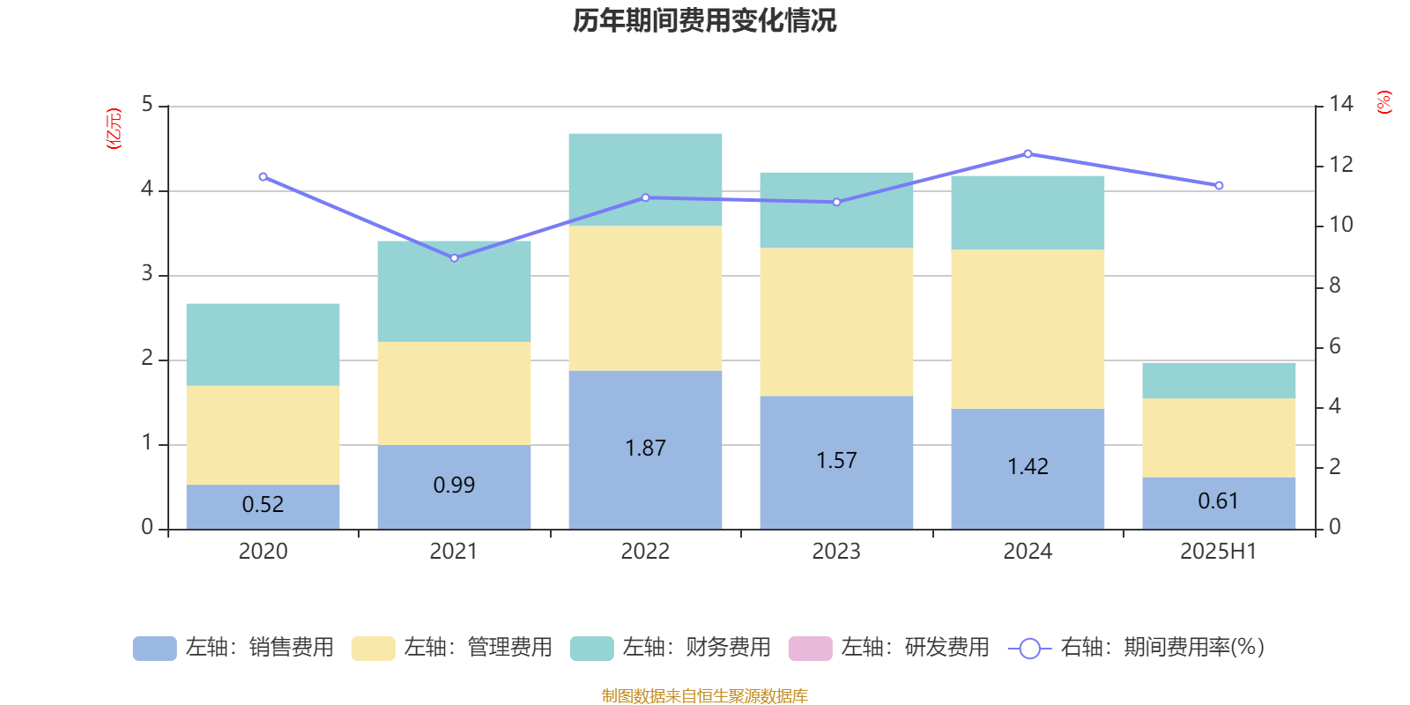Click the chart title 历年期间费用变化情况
[x=704, y=20]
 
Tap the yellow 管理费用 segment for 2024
[x=1028, y=329]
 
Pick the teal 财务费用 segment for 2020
[x=263, y=345]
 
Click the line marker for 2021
[x=454, y=258]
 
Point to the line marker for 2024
[x=1028, y=154]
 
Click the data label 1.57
[x=836, y=461]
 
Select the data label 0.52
[x=263, y=505]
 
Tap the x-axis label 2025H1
[x=1218, y=552]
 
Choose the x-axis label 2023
[x=836, y=552]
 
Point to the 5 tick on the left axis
[x=147, y=105]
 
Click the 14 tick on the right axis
[x=1341, y=104]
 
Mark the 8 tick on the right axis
[x=1334, y=286]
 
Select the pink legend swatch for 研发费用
[x=810, y=649]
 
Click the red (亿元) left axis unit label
[x=114, y=129]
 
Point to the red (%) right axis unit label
[x=1384, y=102]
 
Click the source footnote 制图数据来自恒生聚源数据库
[x=704, y=696]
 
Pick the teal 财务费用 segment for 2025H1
[x=1219, y=380]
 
